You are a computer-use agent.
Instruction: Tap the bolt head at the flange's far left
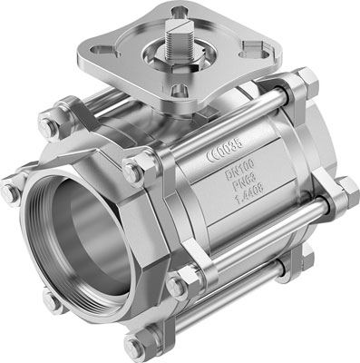pos(12,192)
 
